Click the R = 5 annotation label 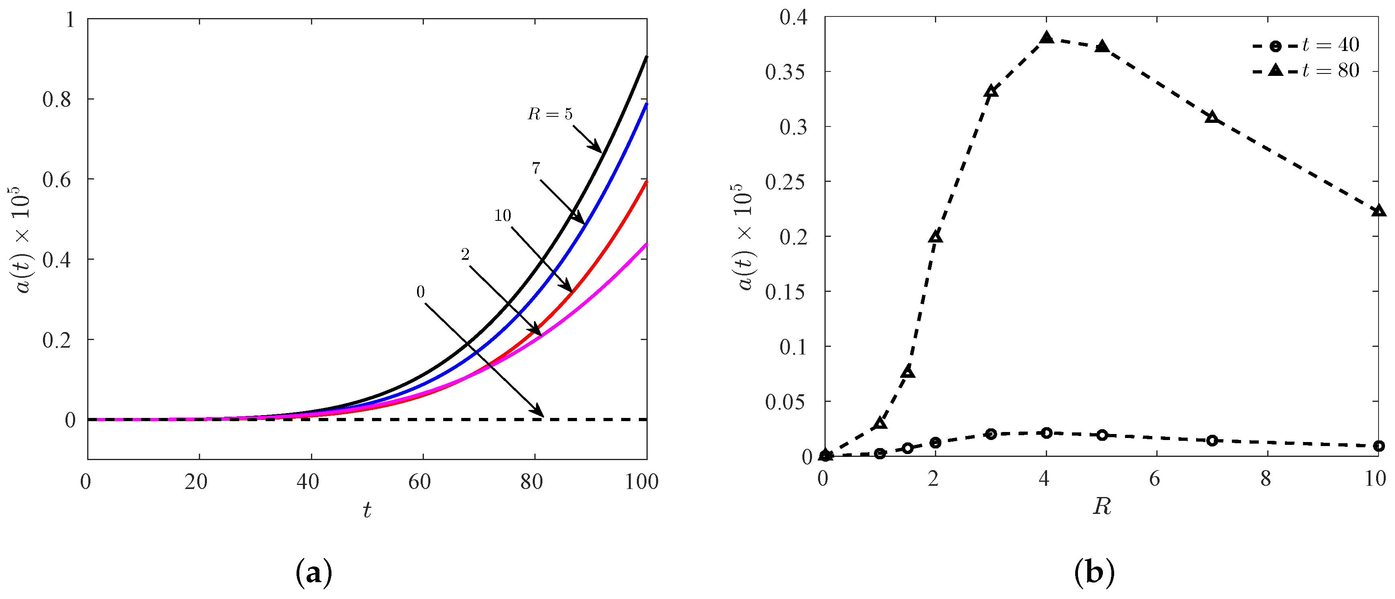[550, 114]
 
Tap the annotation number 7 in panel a [536, 168]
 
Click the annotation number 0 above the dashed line [420, 292]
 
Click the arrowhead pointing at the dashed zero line [539, 412]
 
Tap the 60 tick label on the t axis [419, 482]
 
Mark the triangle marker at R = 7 [1212, 117]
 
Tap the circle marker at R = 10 [1378, 446]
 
